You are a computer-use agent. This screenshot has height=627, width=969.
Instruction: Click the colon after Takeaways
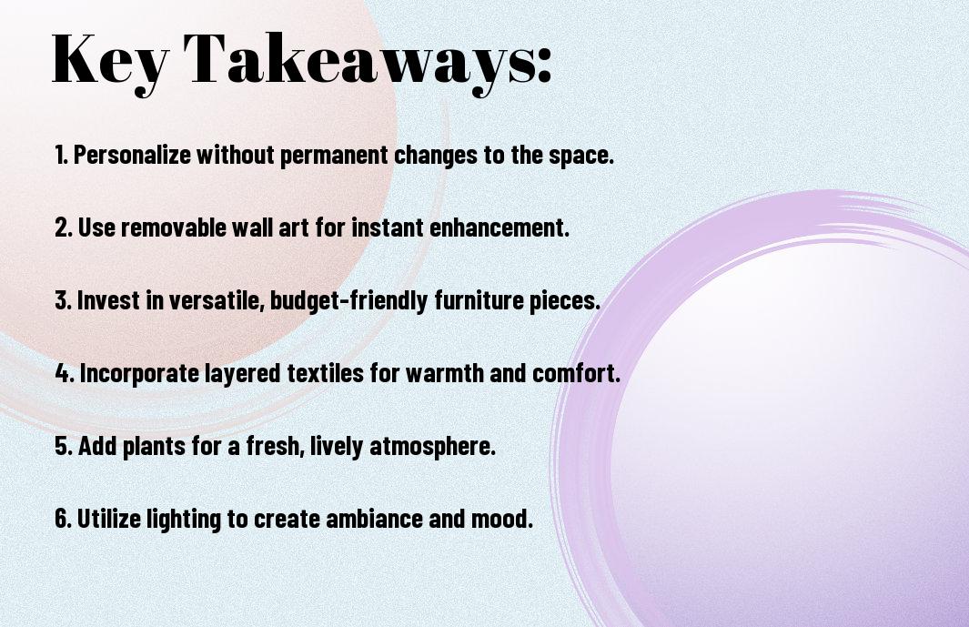(x=544, y=66)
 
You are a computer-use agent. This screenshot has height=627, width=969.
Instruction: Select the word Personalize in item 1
(x=132, y=155)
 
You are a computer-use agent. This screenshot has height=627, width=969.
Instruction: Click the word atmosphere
(x=432, y=447)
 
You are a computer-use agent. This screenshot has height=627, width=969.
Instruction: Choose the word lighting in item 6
(x=184, y=520)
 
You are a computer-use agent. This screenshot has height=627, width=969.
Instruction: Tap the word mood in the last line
(x=502, y=518)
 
